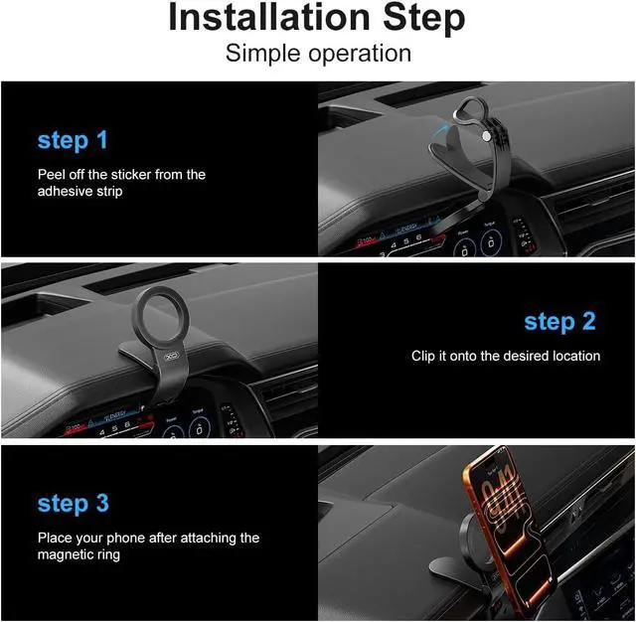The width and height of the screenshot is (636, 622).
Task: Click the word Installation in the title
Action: click(x=269, y=17)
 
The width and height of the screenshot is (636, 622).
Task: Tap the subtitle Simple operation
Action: click(x=318, y=54)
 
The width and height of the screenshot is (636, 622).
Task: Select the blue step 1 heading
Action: click(x=73, y=140)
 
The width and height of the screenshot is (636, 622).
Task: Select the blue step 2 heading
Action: click(x=559, y=322)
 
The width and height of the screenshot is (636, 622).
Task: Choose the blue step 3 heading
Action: click(x=73, y=504)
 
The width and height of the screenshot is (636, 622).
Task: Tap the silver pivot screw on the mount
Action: click(x=486, y=136)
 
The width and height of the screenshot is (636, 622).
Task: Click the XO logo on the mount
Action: click(x=172, y=357)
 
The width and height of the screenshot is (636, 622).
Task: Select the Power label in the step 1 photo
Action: click(x=463, y=233)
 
